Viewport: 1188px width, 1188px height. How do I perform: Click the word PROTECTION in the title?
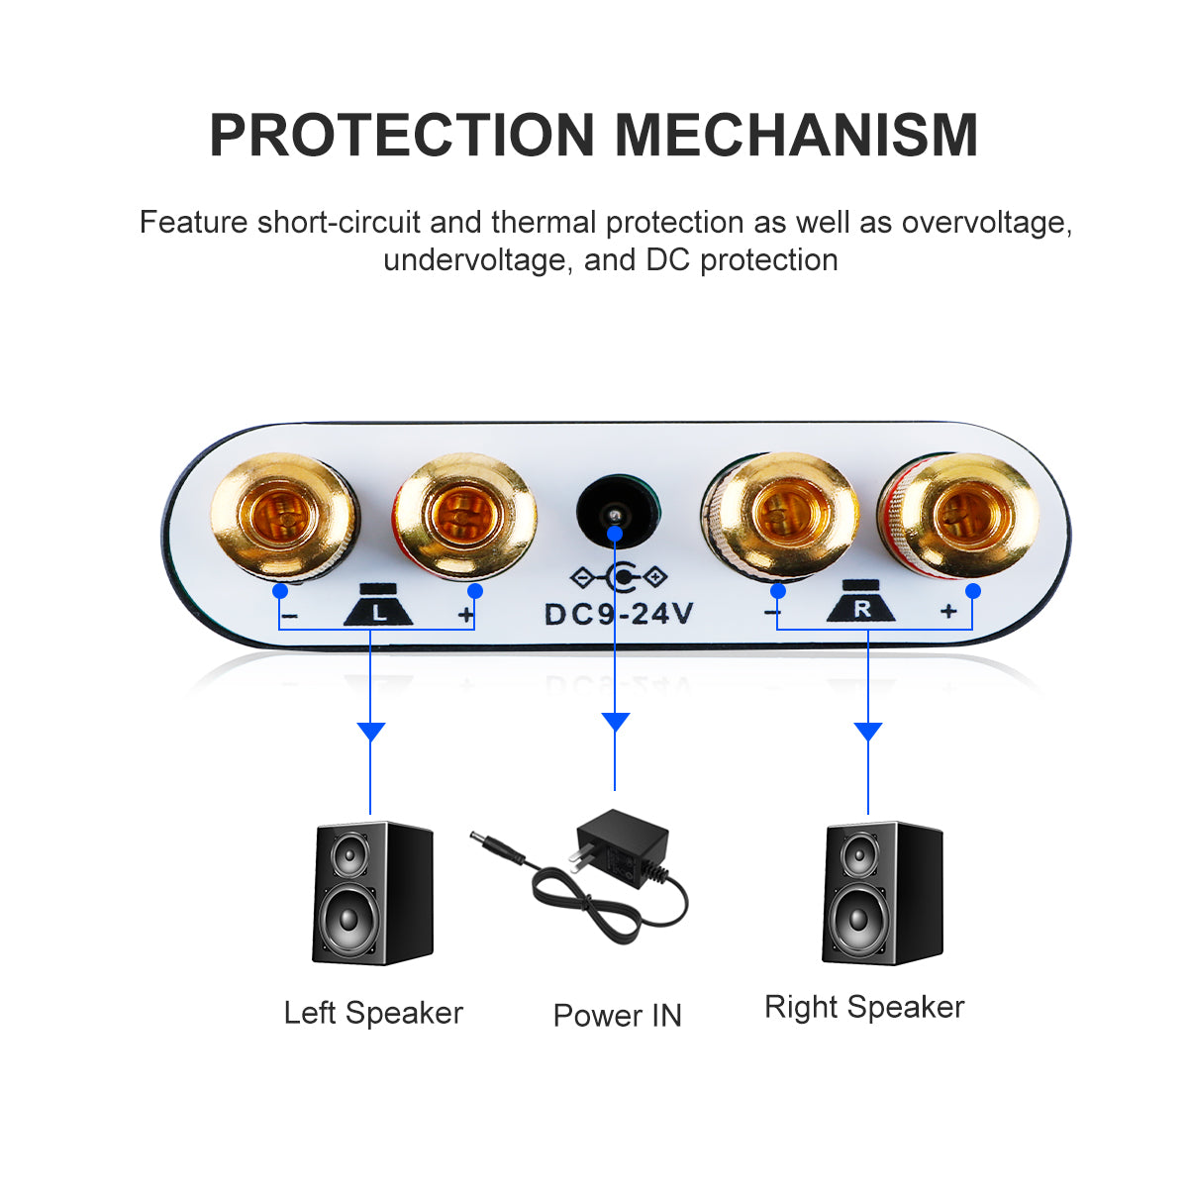point(401,136)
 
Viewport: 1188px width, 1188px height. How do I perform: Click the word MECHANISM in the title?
point(796,136)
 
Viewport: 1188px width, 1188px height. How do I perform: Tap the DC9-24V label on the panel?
point(619,614)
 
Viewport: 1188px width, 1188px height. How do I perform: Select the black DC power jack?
point(617,513)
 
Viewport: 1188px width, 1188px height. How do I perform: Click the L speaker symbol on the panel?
point(378,606)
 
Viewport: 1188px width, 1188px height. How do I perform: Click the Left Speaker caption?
point(373,1013)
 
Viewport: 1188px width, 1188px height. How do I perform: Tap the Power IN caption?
point(617,1016)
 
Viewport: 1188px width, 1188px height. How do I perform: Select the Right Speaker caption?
point(864,1007)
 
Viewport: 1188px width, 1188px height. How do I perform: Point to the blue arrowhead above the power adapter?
point(615,722)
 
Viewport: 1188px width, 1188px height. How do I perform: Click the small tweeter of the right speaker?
point(859,852)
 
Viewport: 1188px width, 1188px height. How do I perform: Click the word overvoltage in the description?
point(984,222)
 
